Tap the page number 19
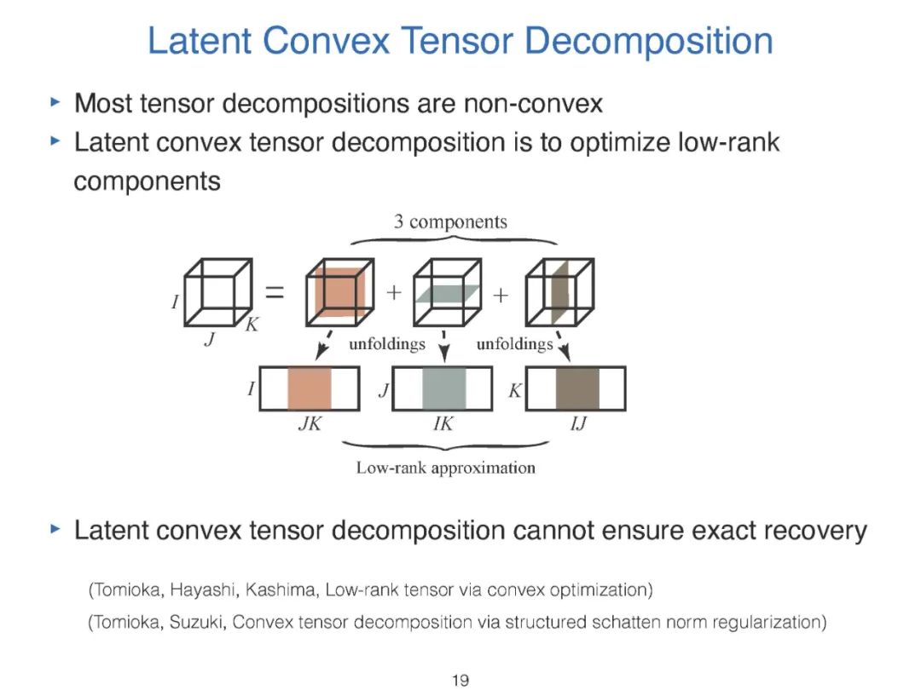point(460,680)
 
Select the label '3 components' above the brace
point(450,222)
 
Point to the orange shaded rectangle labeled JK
point(309,388)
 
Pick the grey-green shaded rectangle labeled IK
point(443,388)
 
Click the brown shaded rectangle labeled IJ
point(577,388)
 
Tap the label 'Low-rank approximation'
point(446,468)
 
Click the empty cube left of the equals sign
point(219,292)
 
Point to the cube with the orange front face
point(338,292)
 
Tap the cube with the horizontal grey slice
point(445,292)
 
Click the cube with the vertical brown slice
point(559,292)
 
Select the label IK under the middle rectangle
point(443,423)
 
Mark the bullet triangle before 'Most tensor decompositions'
point(55,103)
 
